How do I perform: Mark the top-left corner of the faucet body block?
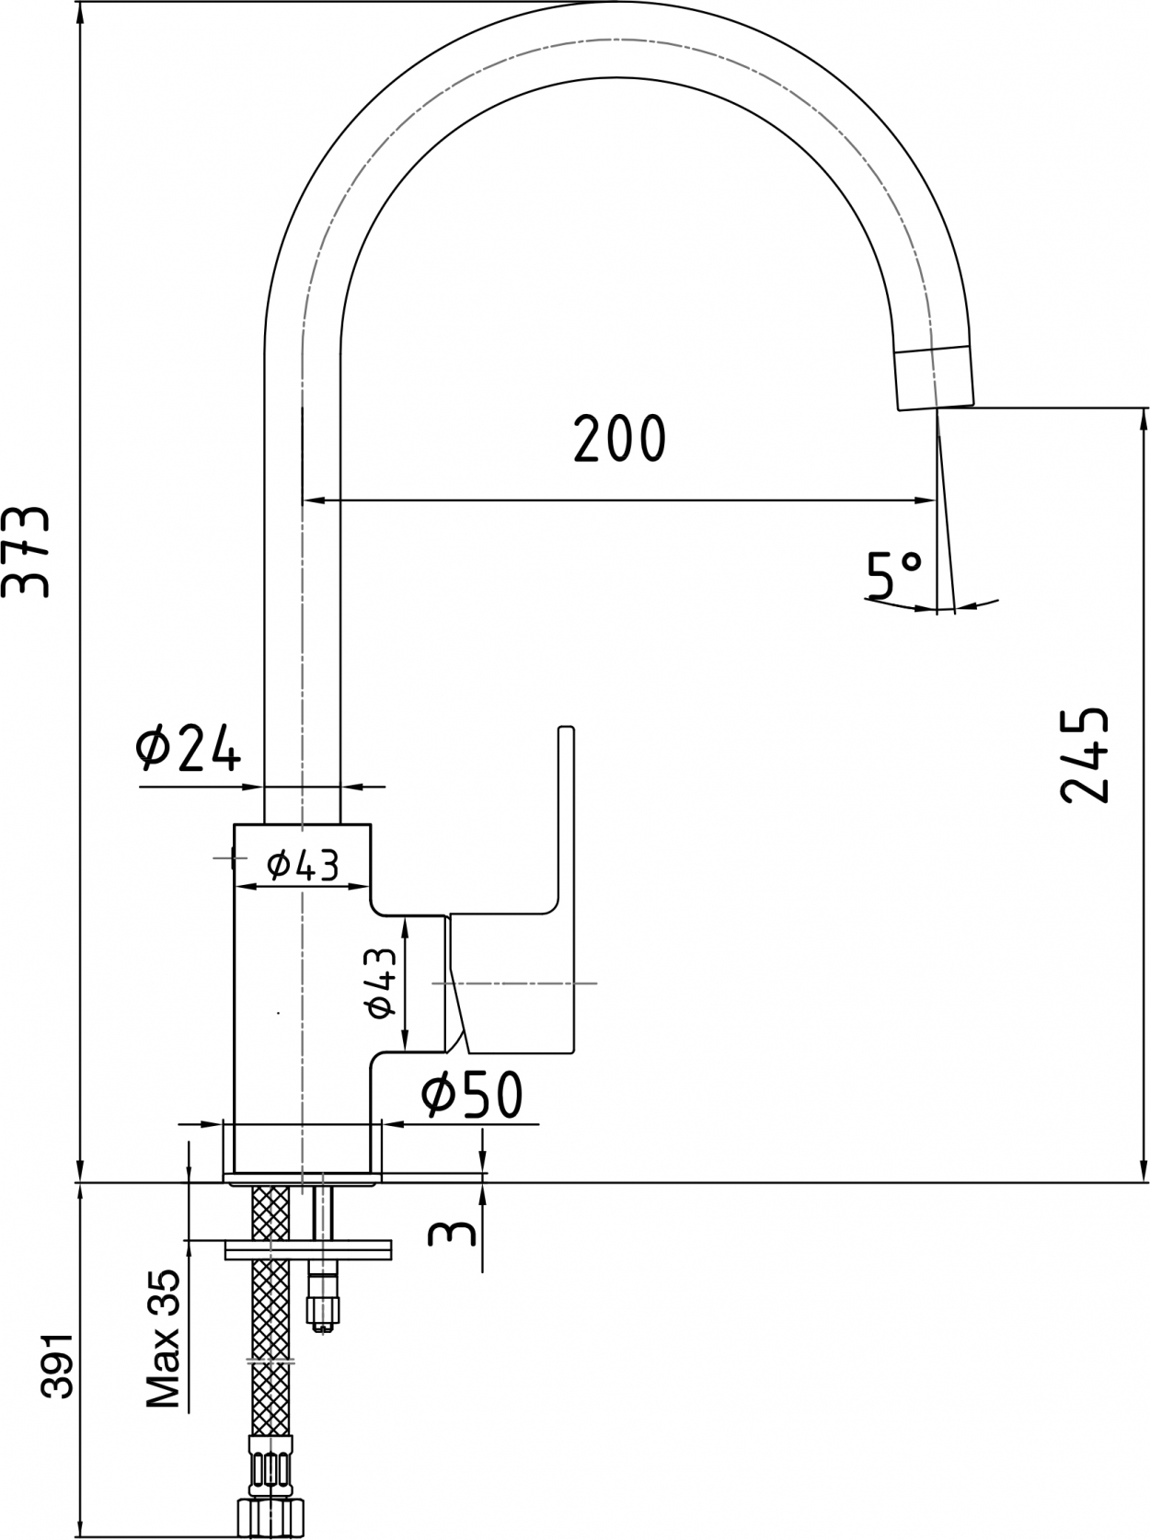click(234, 824)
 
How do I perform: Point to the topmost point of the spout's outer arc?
click(617, 2)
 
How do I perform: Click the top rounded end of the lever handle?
click(566, 729)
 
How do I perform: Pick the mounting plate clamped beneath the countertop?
click(308, 1249)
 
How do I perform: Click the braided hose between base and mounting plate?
click(270, 1213)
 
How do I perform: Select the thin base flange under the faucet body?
click(303, 1178)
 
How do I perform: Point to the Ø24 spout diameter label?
click(189, 748)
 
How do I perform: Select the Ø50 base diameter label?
click(472, 1093)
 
